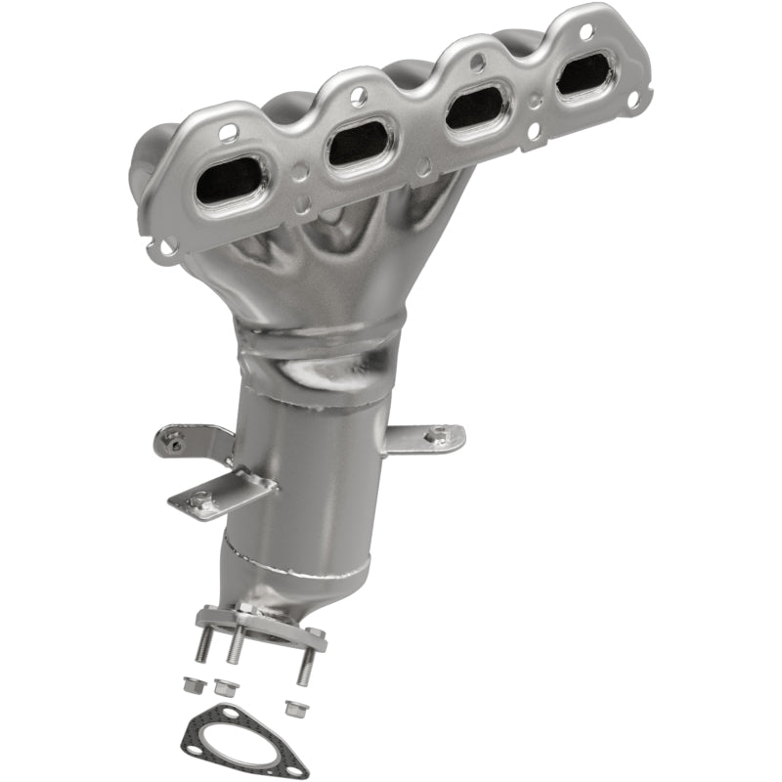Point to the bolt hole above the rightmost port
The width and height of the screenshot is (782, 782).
coord(586,31)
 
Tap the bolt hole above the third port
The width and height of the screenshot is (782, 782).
coord(477,63)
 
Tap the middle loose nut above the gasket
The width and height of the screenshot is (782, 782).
coord(225,686)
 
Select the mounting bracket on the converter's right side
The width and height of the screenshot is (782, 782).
coord(425,439)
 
